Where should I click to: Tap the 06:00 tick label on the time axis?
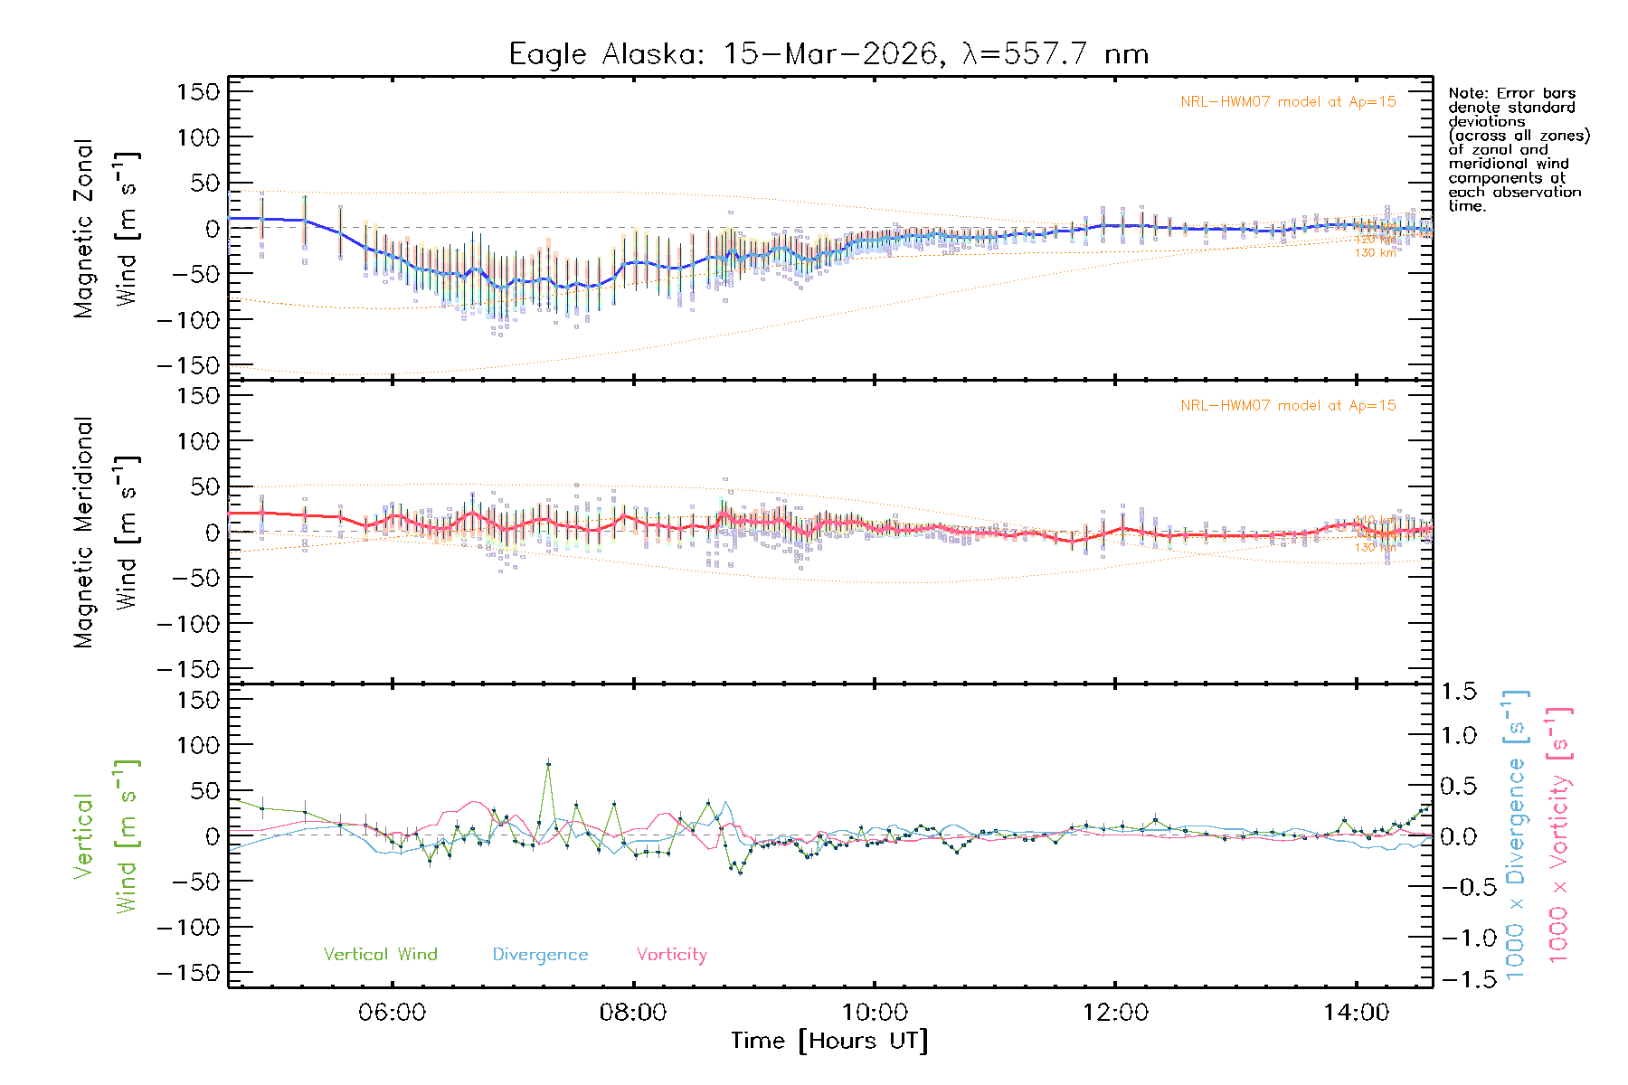point(392,1013)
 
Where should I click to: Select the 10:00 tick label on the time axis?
point(874,1013)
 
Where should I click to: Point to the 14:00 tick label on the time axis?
point(1356,1013)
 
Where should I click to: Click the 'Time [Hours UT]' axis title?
point(829,1041)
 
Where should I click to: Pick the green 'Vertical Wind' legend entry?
point(380,955)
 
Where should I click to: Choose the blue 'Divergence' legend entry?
point(540,955)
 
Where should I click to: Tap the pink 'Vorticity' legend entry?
point(671,955)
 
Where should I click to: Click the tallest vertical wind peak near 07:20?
point(548,765)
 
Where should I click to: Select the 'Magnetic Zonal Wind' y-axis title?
point(106,229)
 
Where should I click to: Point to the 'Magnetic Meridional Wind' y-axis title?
point(106,533)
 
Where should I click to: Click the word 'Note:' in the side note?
point(1469,93)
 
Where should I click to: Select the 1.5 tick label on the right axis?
point(1459,692)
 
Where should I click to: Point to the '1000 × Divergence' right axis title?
point(1516,836)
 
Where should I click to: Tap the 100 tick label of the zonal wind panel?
point(199,137)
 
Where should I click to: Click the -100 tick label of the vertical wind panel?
point(190,928)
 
